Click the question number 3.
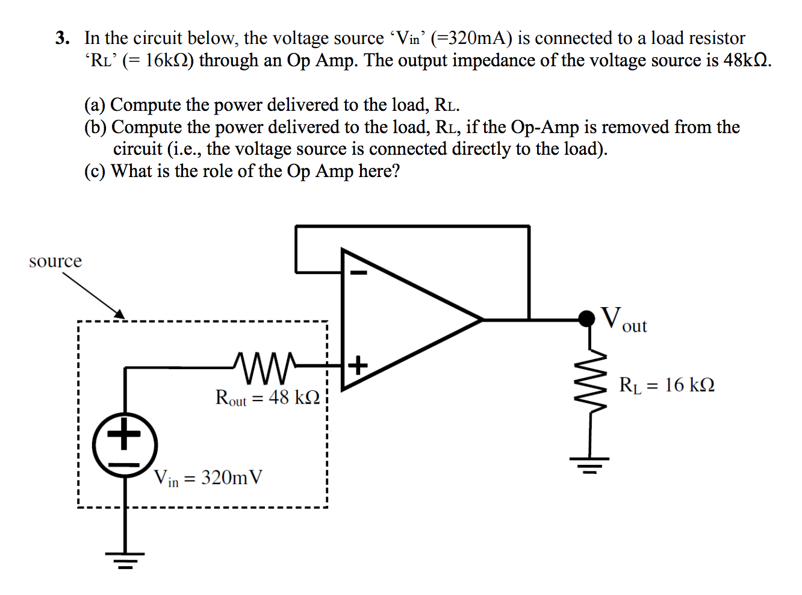(x=62, y=39)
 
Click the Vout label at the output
(x=624, y=319)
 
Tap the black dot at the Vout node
(x=586, y=319)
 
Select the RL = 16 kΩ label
(x=667, y=385)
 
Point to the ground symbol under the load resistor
(x=590, y=464)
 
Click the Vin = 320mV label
(x=208, y=478)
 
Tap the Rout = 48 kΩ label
(x=267, y=398)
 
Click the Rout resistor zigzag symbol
(x=264, y=367)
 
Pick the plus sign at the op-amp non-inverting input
(x=358, y=365)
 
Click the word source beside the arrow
(x=55, y=261)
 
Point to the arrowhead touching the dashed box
(x=120, y=314)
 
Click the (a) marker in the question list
(x=95, y=105)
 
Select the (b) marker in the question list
(x=95, y=127)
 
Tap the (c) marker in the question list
(x=95, y=172)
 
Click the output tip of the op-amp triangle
(x=482, y=320)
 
